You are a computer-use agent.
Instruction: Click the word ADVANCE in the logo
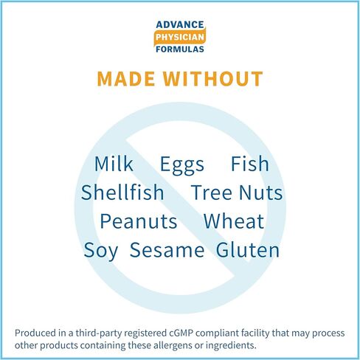[x=180, y=24]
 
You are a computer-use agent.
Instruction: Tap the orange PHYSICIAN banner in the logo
[x=180, y=37]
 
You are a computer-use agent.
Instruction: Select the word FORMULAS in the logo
[x=180, y=49]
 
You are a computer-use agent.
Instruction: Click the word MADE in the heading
[x=126, y=79]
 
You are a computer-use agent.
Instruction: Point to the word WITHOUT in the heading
[x=213, y=79]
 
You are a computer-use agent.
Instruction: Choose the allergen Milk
[x=114, y=164]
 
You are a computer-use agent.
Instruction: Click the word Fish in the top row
[x=250, y=164]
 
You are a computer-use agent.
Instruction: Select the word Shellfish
[x=122, y=192]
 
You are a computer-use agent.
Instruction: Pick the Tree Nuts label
[x=237, y=193]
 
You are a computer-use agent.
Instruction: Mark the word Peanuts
[x=139, y=221]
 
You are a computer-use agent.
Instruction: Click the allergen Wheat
[x=234, y=221]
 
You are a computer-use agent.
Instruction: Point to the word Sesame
[x=167, y=250]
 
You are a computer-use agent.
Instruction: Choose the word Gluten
[x=248, y=249]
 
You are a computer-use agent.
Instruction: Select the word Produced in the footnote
[x=35, y=333]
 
